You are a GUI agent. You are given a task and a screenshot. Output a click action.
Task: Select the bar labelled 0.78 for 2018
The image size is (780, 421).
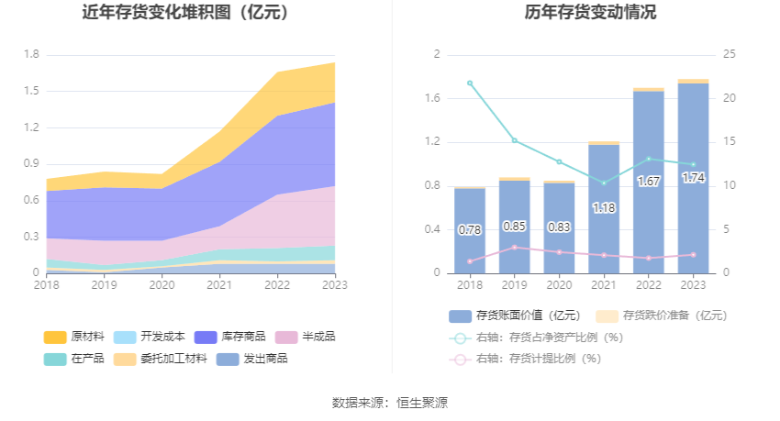point(470,230)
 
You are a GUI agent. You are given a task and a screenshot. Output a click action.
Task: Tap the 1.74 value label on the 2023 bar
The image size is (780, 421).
point(693,178)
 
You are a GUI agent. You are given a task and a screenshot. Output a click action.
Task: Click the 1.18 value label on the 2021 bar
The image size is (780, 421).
point(604,208)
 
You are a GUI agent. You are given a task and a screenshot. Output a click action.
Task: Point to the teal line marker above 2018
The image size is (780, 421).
point(470,83)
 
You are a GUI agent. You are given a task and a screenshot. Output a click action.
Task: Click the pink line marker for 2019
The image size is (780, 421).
point(515,248)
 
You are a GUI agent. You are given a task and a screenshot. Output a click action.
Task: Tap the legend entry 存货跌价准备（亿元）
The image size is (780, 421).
point(662,316)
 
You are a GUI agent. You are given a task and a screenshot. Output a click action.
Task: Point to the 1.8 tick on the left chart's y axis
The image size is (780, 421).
point(31,54)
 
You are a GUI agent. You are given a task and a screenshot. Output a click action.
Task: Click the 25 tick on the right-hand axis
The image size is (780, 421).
point(730,54)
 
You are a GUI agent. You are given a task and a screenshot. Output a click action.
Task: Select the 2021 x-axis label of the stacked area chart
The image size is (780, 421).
point(219,285)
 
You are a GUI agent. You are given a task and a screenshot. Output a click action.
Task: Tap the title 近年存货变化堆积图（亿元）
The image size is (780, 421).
point(185,13)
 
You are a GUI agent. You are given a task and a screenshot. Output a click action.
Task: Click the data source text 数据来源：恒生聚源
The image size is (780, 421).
point(390,403)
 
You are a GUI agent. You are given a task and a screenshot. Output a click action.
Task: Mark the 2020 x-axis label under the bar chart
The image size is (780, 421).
point(559,285)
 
